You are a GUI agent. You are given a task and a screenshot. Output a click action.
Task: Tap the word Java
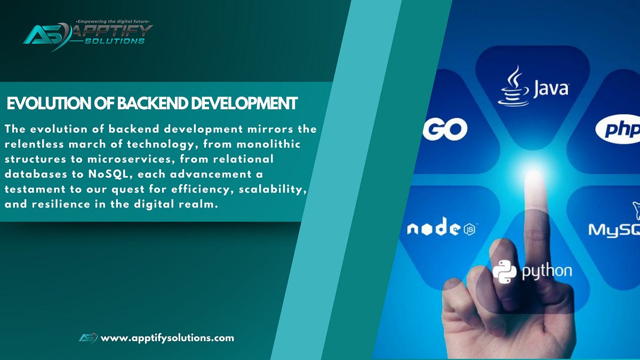point(551,88)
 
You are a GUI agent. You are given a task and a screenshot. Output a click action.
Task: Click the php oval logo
point(619,130)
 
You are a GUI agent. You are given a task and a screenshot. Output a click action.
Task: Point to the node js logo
point(442,229)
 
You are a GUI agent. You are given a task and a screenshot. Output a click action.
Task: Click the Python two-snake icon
point(505,270)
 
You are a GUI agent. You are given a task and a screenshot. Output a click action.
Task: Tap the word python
point(547,271)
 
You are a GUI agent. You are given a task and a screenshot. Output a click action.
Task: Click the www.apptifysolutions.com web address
point(167,338)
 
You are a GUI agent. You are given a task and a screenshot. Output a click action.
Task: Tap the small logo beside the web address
point(88,338)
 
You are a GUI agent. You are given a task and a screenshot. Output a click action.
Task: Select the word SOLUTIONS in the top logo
point(114,41)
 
